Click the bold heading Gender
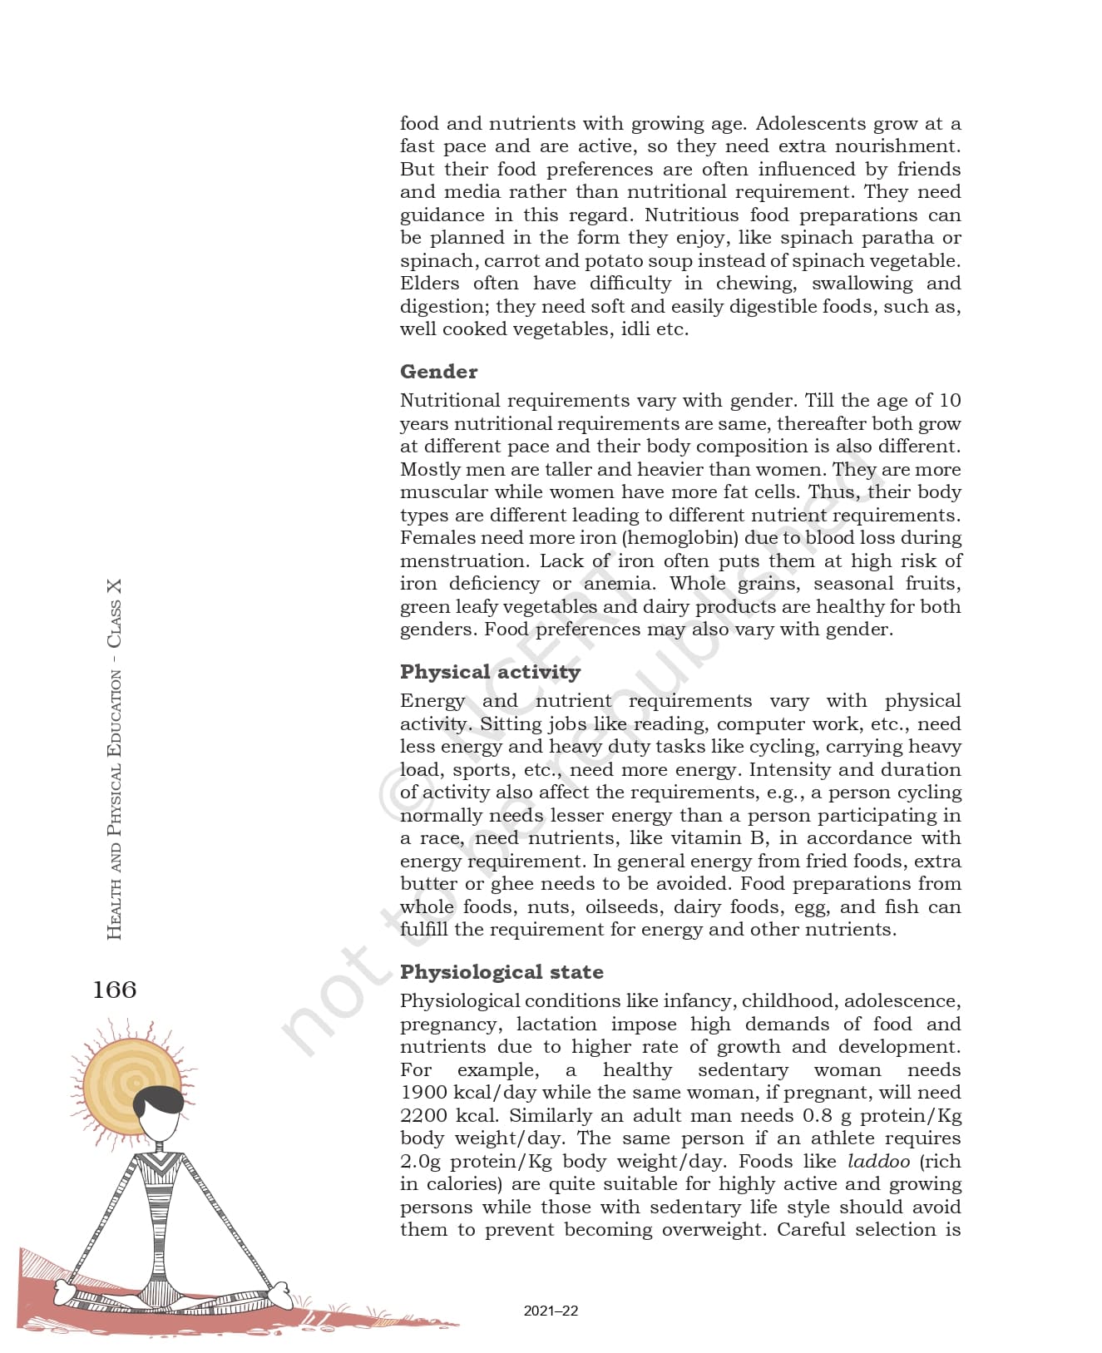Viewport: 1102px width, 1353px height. pos(438,372)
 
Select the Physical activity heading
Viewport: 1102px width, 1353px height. pos(490,672)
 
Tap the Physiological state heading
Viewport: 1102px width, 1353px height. pos(502,972)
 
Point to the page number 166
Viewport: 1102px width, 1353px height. pos(115,990)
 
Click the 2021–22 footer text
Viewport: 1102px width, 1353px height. pos(551,1311)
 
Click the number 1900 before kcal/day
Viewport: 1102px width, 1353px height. pos(423,1093)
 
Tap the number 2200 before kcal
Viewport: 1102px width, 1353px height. pos(423,1116)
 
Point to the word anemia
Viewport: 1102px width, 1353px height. pos(618,584)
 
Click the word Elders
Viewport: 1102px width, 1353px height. pos(429,284)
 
